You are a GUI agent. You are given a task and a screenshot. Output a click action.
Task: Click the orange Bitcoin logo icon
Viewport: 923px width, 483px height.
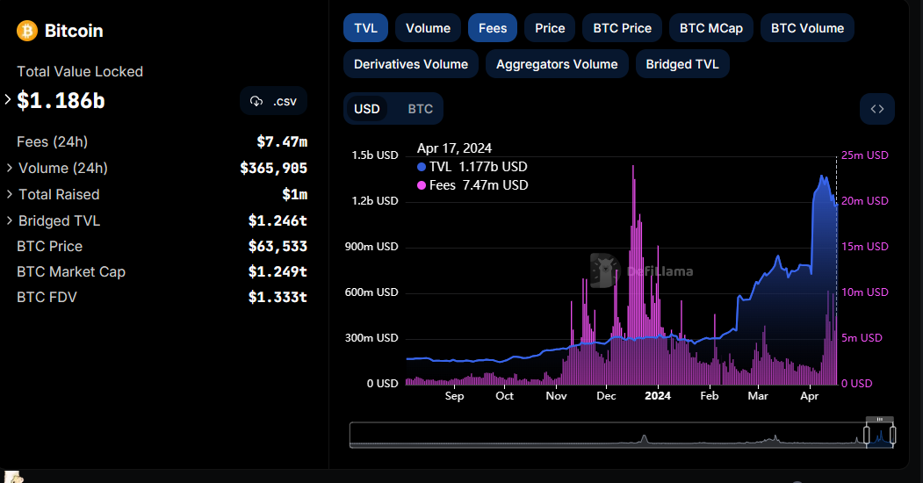(x=27, y=31)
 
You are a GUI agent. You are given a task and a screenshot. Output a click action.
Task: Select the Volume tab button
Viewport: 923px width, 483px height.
(x=428, y=28)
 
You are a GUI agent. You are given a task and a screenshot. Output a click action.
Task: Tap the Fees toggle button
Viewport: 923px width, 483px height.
(x=493, y=28)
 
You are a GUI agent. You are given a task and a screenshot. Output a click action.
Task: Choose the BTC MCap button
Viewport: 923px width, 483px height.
(x=711, y=28)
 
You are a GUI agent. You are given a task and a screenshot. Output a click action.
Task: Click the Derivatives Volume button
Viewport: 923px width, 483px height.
(x=411, y=64)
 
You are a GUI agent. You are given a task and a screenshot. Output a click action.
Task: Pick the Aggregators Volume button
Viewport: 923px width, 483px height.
(x=557, y=64)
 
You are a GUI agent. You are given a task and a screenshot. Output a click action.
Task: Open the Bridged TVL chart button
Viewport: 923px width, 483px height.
(x=682, y=64)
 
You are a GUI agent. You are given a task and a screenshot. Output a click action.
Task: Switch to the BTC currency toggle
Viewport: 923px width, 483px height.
(x=421, y=109)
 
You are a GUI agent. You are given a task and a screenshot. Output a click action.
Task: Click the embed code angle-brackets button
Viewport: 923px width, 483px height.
(x=877, y=109)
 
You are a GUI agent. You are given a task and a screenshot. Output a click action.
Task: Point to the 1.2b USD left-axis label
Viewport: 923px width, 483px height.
(x=375, y=200)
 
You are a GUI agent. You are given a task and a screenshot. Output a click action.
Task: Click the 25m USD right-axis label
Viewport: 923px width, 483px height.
(x=865, y=155)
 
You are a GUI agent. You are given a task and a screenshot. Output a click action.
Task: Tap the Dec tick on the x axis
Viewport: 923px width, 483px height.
(x=606, y=396)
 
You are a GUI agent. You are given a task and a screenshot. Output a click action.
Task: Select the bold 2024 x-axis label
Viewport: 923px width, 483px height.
(x=658, y=396)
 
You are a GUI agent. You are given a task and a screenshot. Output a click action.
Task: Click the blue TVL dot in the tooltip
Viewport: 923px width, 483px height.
(x=422, y=167)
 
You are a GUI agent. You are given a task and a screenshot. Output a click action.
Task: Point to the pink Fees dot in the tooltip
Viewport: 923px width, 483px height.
(x=422, y=185)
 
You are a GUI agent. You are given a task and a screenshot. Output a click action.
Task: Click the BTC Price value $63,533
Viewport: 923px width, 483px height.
(x=278, y=246)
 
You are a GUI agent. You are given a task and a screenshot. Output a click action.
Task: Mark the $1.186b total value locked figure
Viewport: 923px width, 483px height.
(x=61, y=101)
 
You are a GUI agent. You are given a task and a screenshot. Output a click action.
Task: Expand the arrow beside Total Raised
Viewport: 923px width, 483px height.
(x=10, y=193)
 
